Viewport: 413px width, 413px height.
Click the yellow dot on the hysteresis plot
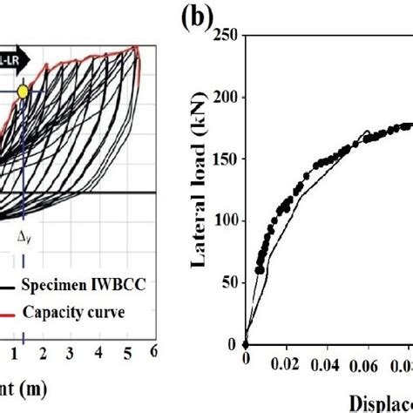[x=23, y=91]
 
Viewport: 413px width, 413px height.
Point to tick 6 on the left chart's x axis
[x=152, y=351]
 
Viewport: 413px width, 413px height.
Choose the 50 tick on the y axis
[x=228, y=282]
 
